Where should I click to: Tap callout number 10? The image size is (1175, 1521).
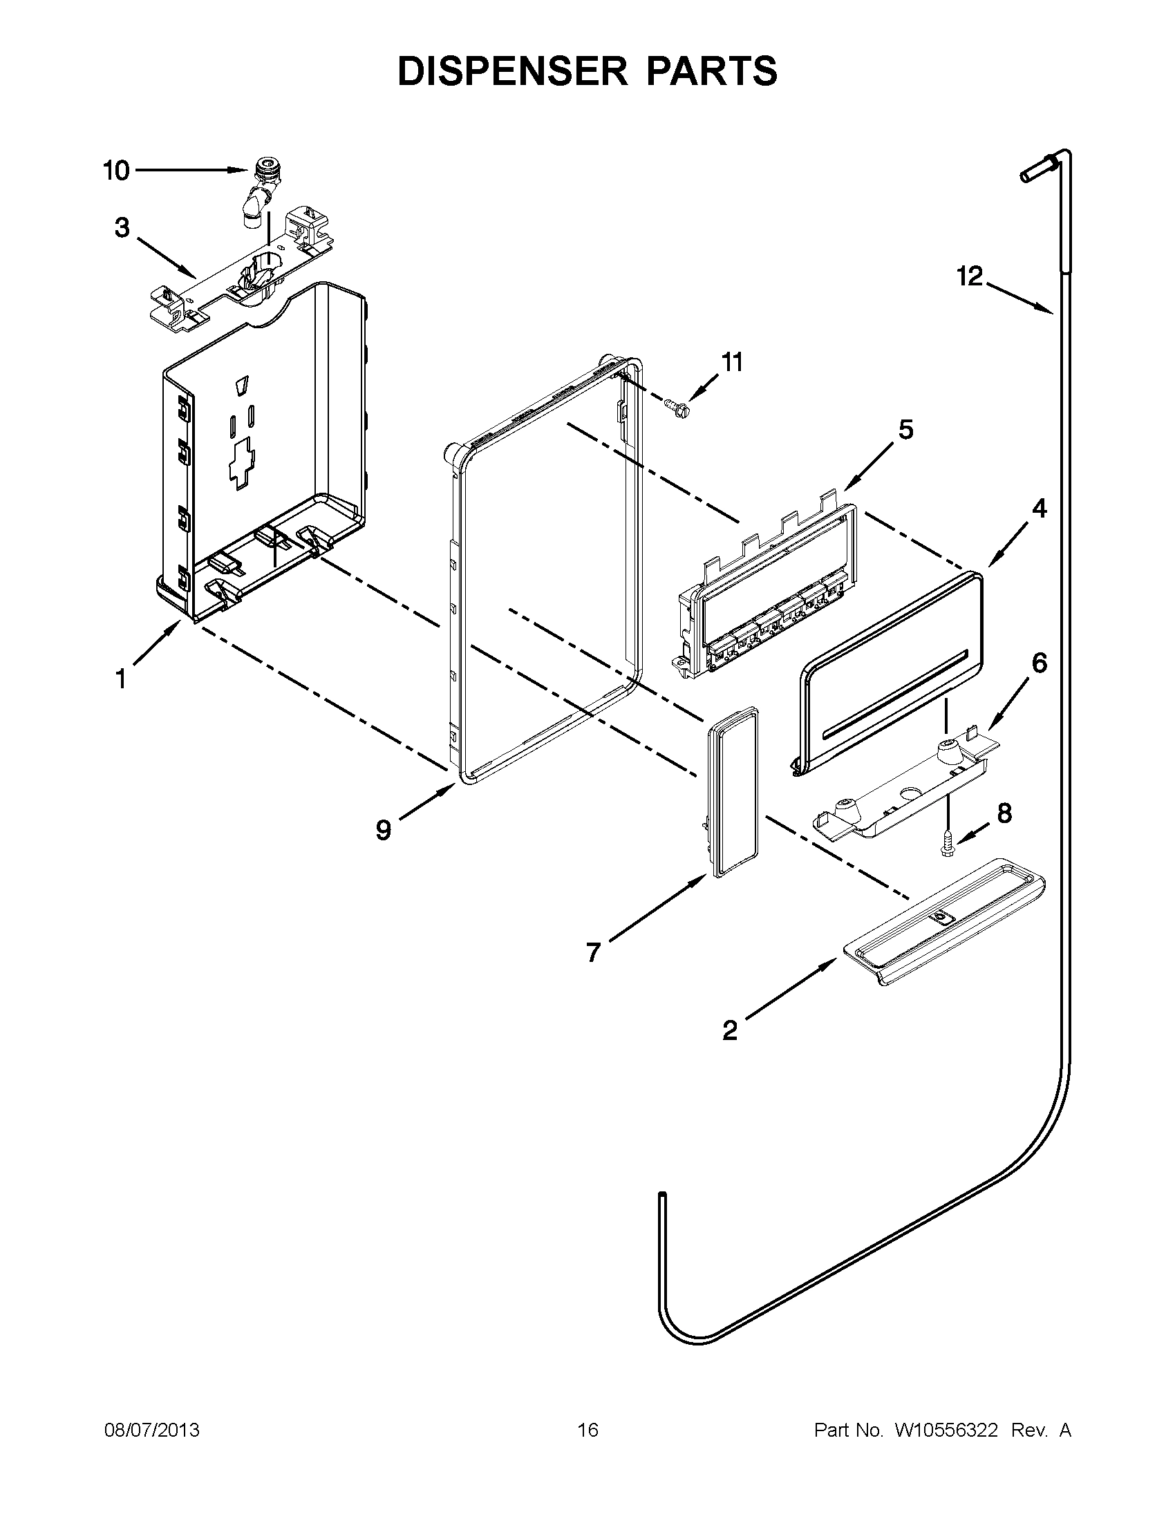(116, 171)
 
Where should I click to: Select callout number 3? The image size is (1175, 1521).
(122, 228)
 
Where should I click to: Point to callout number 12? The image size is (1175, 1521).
(969, 276)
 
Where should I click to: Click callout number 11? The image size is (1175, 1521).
(731, 362)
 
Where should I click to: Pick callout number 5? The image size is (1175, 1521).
(905, 430)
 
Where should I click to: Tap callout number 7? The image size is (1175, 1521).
(593, 952)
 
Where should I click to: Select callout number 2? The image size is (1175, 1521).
(729, 1030)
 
